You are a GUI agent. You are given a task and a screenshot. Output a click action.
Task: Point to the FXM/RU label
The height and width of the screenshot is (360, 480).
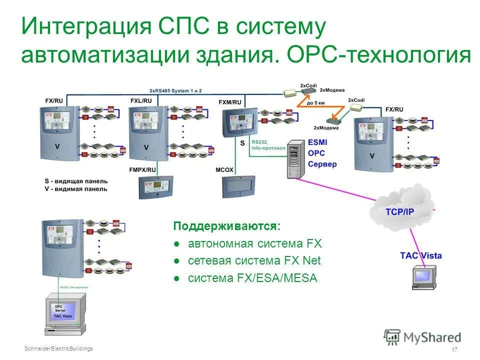(x=230, y=102)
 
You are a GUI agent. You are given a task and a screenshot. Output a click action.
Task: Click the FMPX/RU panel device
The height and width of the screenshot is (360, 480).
(x=155, y=187)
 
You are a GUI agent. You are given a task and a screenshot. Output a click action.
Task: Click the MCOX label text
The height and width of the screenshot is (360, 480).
(x=225, y=169)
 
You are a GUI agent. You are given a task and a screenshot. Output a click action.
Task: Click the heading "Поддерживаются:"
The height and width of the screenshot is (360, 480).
(x=226, y=226)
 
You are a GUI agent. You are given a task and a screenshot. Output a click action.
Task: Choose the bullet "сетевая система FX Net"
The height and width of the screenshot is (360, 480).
(x=254, y=260)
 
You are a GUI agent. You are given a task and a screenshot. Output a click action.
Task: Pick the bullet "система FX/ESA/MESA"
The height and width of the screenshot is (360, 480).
(x=252, y=278)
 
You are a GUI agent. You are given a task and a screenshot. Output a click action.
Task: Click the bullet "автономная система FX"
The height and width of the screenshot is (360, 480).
(x=254, y=244)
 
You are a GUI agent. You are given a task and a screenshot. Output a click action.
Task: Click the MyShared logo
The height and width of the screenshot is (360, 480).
(x=422, y=337)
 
